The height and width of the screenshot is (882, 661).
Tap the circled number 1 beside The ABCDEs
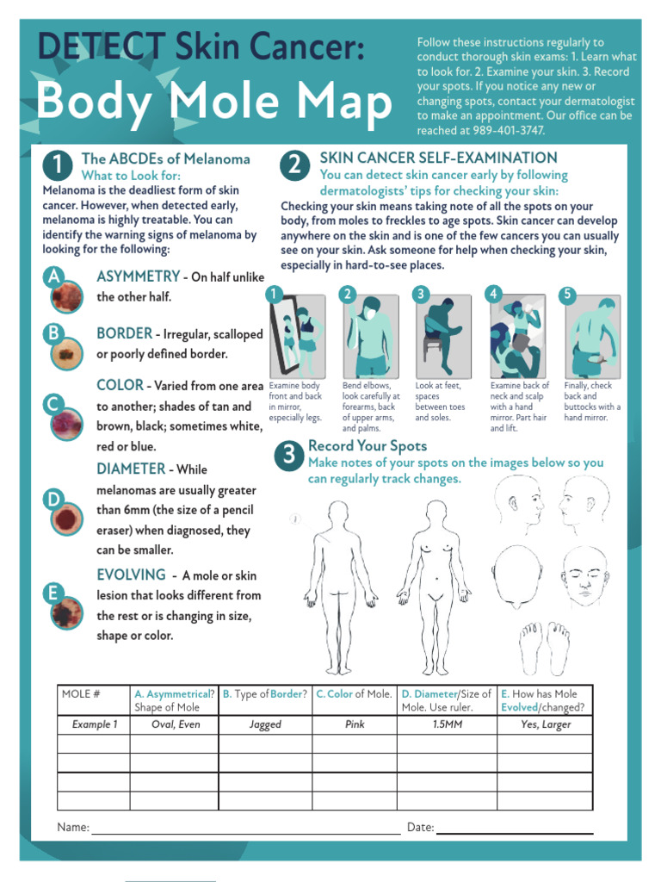(58, 165)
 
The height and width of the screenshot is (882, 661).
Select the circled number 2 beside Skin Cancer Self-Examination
(294, 165)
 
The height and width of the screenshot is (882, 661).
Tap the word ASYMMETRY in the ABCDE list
(138, 276)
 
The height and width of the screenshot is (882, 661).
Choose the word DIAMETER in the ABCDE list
(131, 469)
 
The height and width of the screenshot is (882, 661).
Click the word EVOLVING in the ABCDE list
(131, 575)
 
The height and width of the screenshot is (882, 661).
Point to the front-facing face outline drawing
(585, 575)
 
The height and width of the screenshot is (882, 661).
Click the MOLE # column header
(82, 694)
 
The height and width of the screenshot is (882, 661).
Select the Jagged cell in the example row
(265, 724)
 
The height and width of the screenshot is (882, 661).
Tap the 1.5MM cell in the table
(447, 724)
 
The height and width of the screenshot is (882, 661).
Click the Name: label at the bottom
(73, 827)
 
